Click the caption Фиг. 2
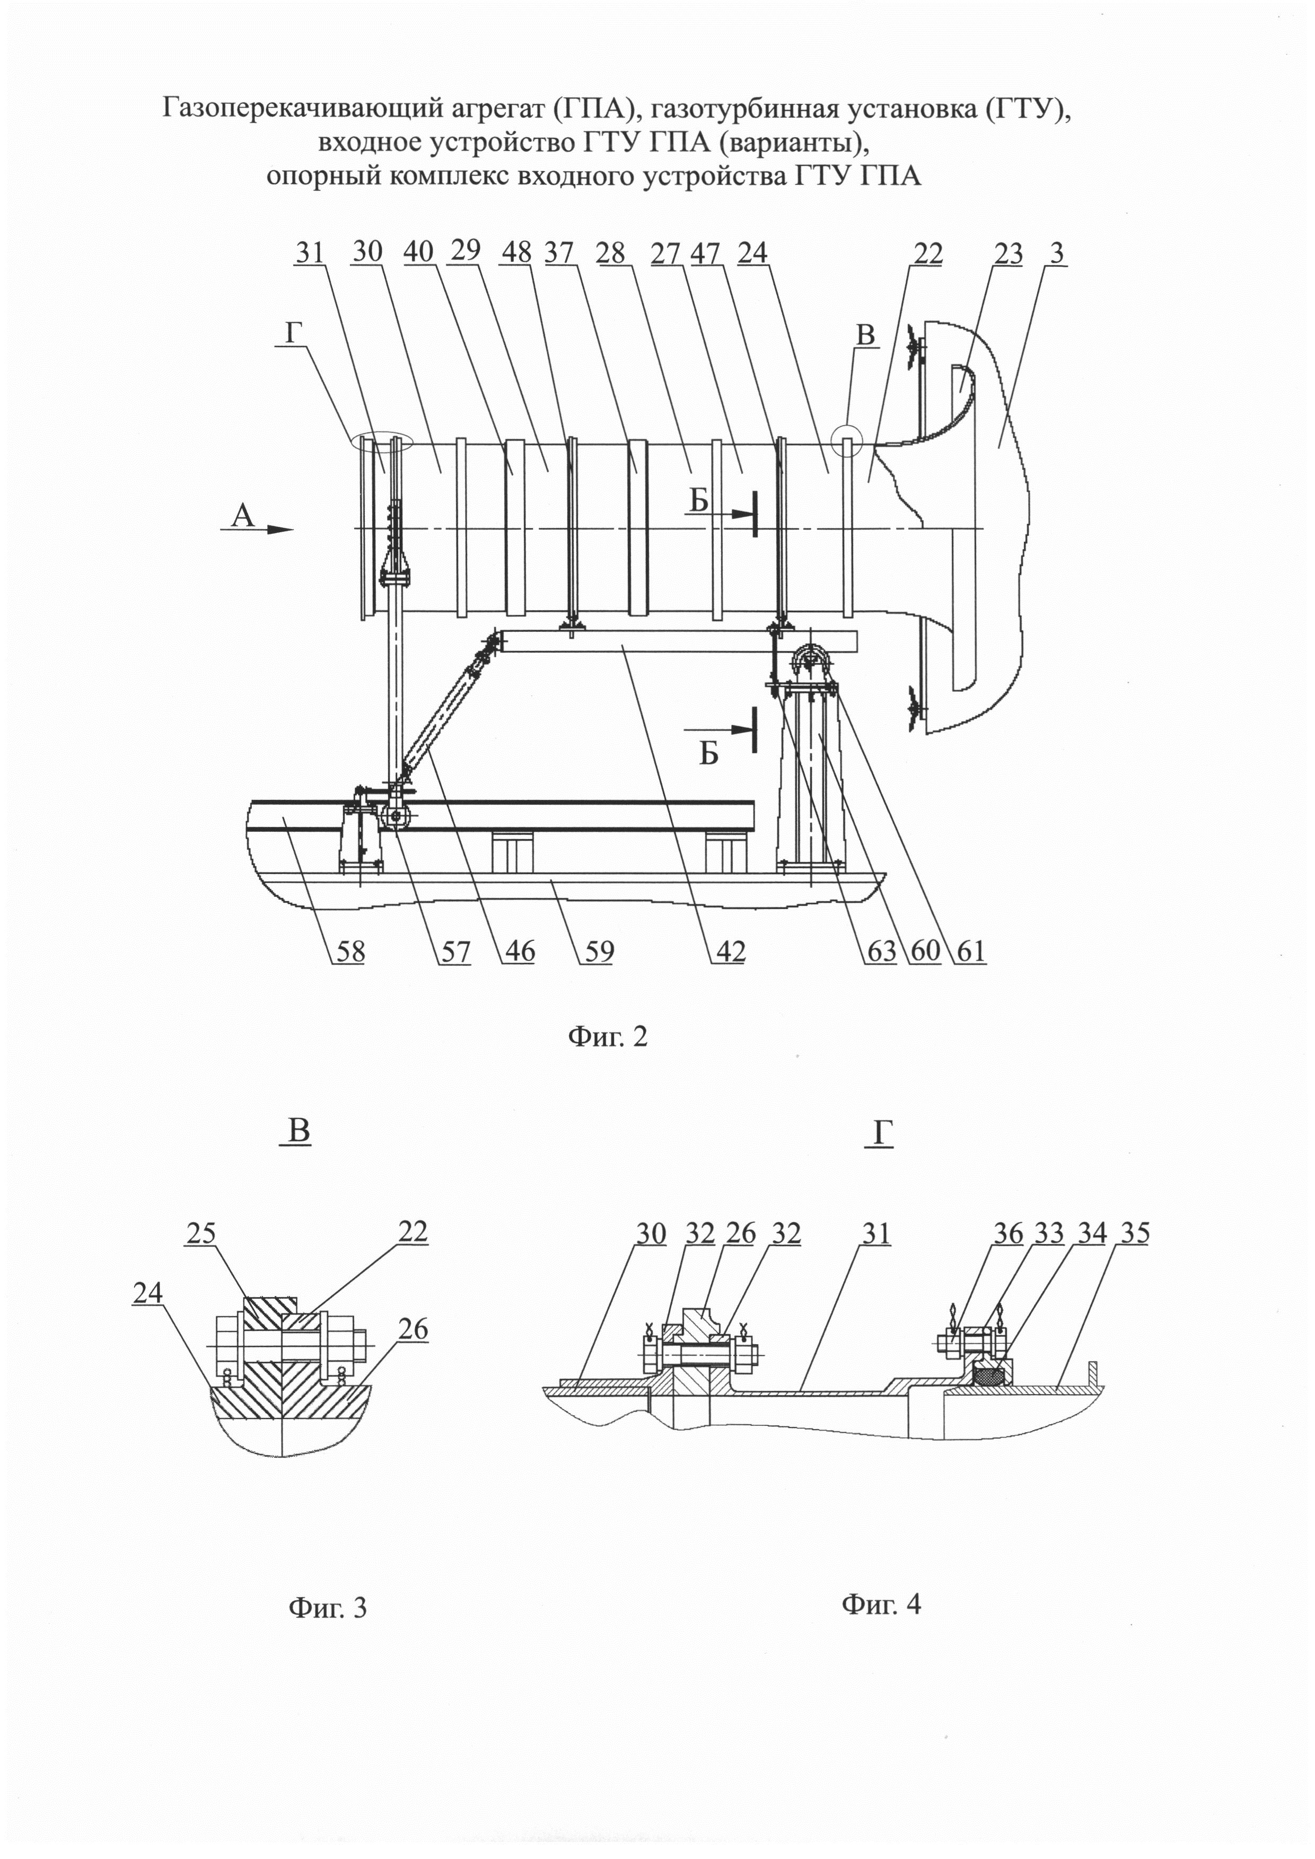(607, 1036)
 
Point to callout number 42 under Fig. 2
(728, 951)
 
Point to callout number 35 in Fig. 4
(1133, 1234)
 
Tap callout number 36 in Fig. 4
(1008, 1234)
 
